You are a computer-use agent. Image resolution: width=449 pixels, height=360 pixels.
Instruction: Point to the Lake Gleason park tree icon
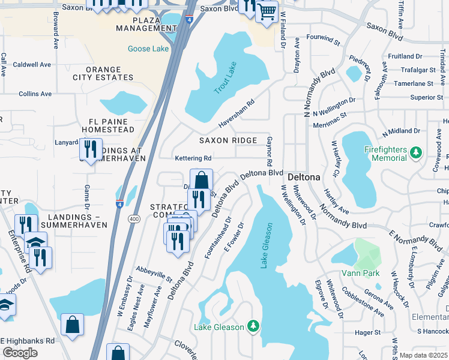click(253, 326)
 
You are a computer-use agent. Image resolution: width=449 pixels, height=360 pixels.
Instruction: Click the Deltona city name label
click(306, 178)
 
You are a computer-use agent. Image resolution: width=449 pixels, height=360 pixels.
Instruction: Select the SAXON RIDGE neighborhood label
click(228, 140)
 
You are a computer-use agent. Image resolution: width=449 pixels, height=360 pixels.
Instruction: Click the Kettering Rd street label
click(193, 158)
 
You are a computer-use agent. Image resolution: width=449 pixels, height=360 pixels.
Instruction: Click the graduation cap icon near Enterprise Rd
click(36, 242)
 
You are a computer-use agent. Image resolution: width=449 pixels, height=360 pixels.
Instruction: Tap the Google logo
click(19, 353)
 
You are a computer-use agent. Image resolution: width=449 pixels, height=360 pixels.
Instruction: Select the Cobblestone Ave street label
click(363, 302)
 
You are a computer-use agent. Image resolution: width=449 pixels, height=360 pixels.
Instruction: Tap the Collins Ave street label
click(35, 94)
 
